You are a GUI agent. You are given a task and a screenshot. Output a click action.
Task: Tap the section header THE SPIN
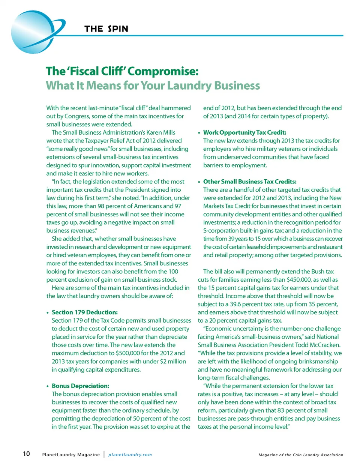106,29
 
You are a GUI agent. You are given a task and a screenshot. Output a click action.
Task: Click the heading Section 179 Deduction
85,312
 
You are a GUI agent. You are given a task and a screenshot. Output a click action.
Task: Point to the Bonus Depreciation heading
80,386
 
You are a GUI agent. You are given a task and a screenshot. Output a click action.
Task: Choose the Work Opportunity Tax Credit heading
244,132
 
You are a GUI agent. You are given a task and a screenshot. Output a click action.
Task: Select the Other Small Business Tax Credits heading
250,182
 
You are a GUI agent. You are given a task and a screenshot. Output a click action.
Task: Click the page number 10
26,454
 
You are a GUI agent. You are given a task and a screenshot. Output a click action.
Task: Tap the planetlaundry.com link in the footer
130,455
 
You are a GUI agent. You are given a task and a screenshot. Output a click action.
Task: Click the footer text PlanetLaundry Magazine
71,455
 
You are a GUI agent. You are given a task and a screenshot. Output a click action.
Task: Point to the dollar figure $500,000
130,353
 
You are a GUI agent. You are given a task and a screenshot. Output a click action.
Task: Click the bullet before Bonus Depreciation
48,386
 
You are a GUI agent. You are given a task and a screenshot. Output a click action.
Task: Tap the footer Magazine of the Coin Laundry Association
301,455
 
